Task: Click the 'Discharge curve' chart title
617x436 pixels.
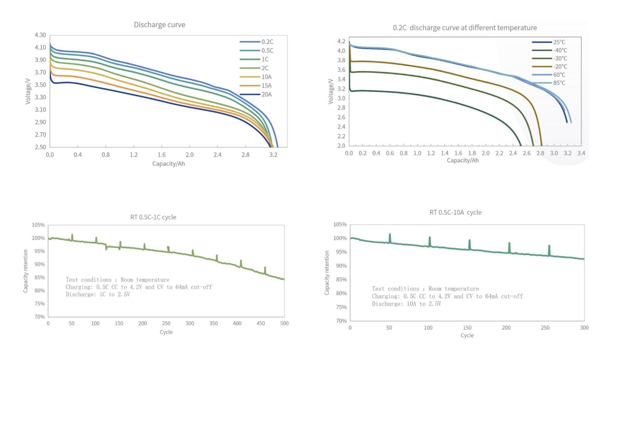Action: click(x=159, y=25)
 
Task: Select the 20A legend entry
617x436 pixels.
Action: click(x=266, y=94)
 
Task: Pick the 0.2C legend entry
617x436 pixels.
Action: click(x=267, y=42)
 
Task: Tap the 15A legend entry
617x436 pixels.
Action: click(x=266, y=86)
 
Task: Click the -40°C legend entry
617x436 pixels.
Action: click(x=560, y=50)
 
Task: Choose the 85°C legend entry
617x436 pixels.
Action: click(x=559, y=83)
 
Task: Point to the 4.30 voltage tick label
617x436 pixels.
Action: click(x=40, y=35)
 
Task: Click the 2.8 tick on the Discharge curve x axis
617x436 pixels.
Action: click(x=245, y=155)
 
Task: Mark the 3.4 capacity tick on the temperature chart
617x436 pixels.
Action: click(x=581, y=153)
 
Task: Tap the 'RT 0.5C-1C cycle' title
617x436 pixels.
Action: click(x=153, y=217)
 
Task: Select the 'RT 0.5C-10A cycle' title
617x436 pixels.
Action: click(x=455, y=212)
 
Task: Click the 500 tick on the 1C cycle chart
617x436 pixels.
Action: click(x=284, y=323)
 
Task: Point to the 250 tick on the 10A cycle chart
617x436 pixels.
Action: click(x=545, y=328)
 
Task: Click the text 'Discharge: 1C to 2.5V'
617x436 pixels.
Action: click(x=98, y=295)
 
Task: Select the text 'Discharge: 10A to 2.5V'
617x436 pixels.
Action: click(x=406, y=304)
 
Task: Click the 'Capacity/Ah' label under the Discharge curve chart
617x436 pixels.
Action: click(x=169, y=164)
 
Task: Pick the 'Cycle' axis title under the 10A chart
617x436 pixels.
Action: click(x=467, y=335)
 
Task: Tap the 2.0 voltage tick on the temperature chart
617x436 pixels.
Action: click(x=341, y=146)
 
